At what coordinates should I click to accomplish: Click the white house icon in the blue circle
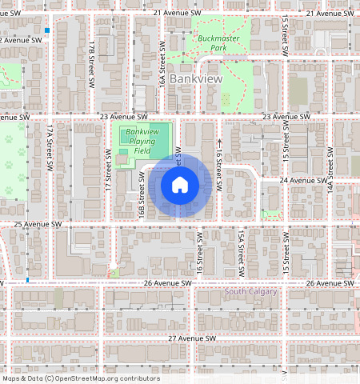[x=180, y=185]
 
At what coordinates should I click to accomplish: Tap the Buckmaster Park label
[x=213, y=42]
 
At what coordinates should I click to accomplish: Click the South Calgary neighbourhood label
[x=250, y=291]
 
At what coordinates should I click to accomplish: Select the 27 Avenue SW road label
[x=193, y=338]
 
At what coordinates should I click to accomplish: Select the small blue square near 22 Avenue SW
[x=47, y=30]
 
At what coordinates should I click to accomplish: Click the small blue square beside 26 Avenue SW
[x=28, y=280]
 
